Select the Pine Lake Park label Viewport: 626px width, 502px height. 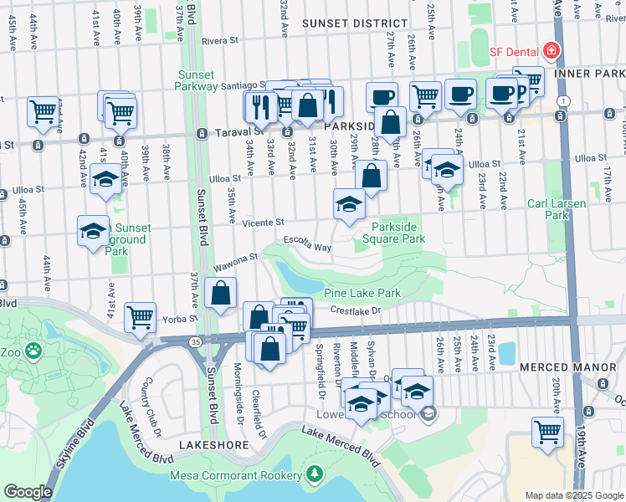362,294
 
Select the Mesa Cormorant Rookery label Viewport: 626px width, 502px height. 235,475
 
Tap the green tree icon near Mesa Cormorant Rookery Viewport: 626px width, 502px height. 315,474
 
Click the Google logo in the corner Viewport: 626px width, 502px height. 27,492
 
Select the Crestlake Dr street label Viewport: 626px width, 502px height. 355,311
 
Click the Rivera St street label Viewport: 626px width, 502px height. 220,40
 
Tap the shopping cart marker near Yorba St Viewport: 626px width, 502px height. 140,317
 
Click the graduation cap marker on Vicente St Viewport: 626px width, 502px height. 349,203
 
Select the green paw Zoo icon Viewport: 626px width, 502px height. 33,351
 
